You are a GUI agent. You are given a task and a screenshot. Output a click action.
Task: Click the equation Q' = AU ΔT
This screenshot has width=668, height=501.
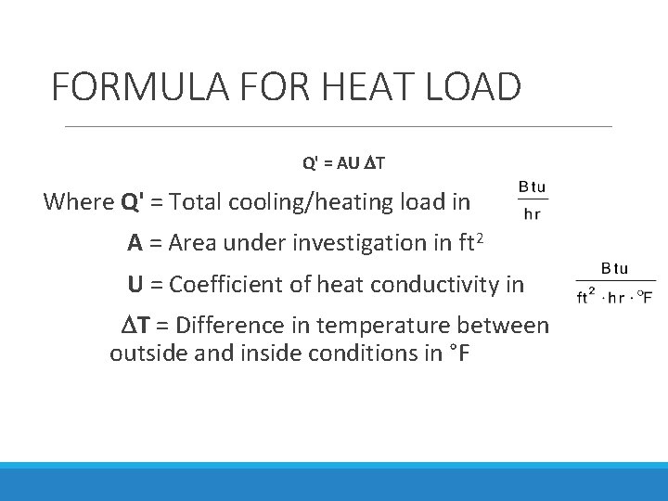tap(344, 164)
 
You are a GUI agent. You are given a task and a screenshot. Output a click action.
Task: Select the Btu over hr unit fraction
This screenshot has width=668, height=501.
tap(532, 199)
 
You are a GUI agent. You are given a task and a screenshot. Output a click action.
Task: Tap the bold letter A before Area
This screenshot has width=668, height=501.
tap(135, 243)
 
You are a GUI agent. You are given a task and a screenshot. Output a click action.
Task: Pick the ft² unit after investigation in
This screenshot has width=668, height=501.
tap(471, 242)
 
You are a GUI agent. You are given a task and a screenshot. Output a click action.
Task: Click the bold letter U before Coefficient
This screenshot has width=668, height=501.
tap(135, 284)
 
